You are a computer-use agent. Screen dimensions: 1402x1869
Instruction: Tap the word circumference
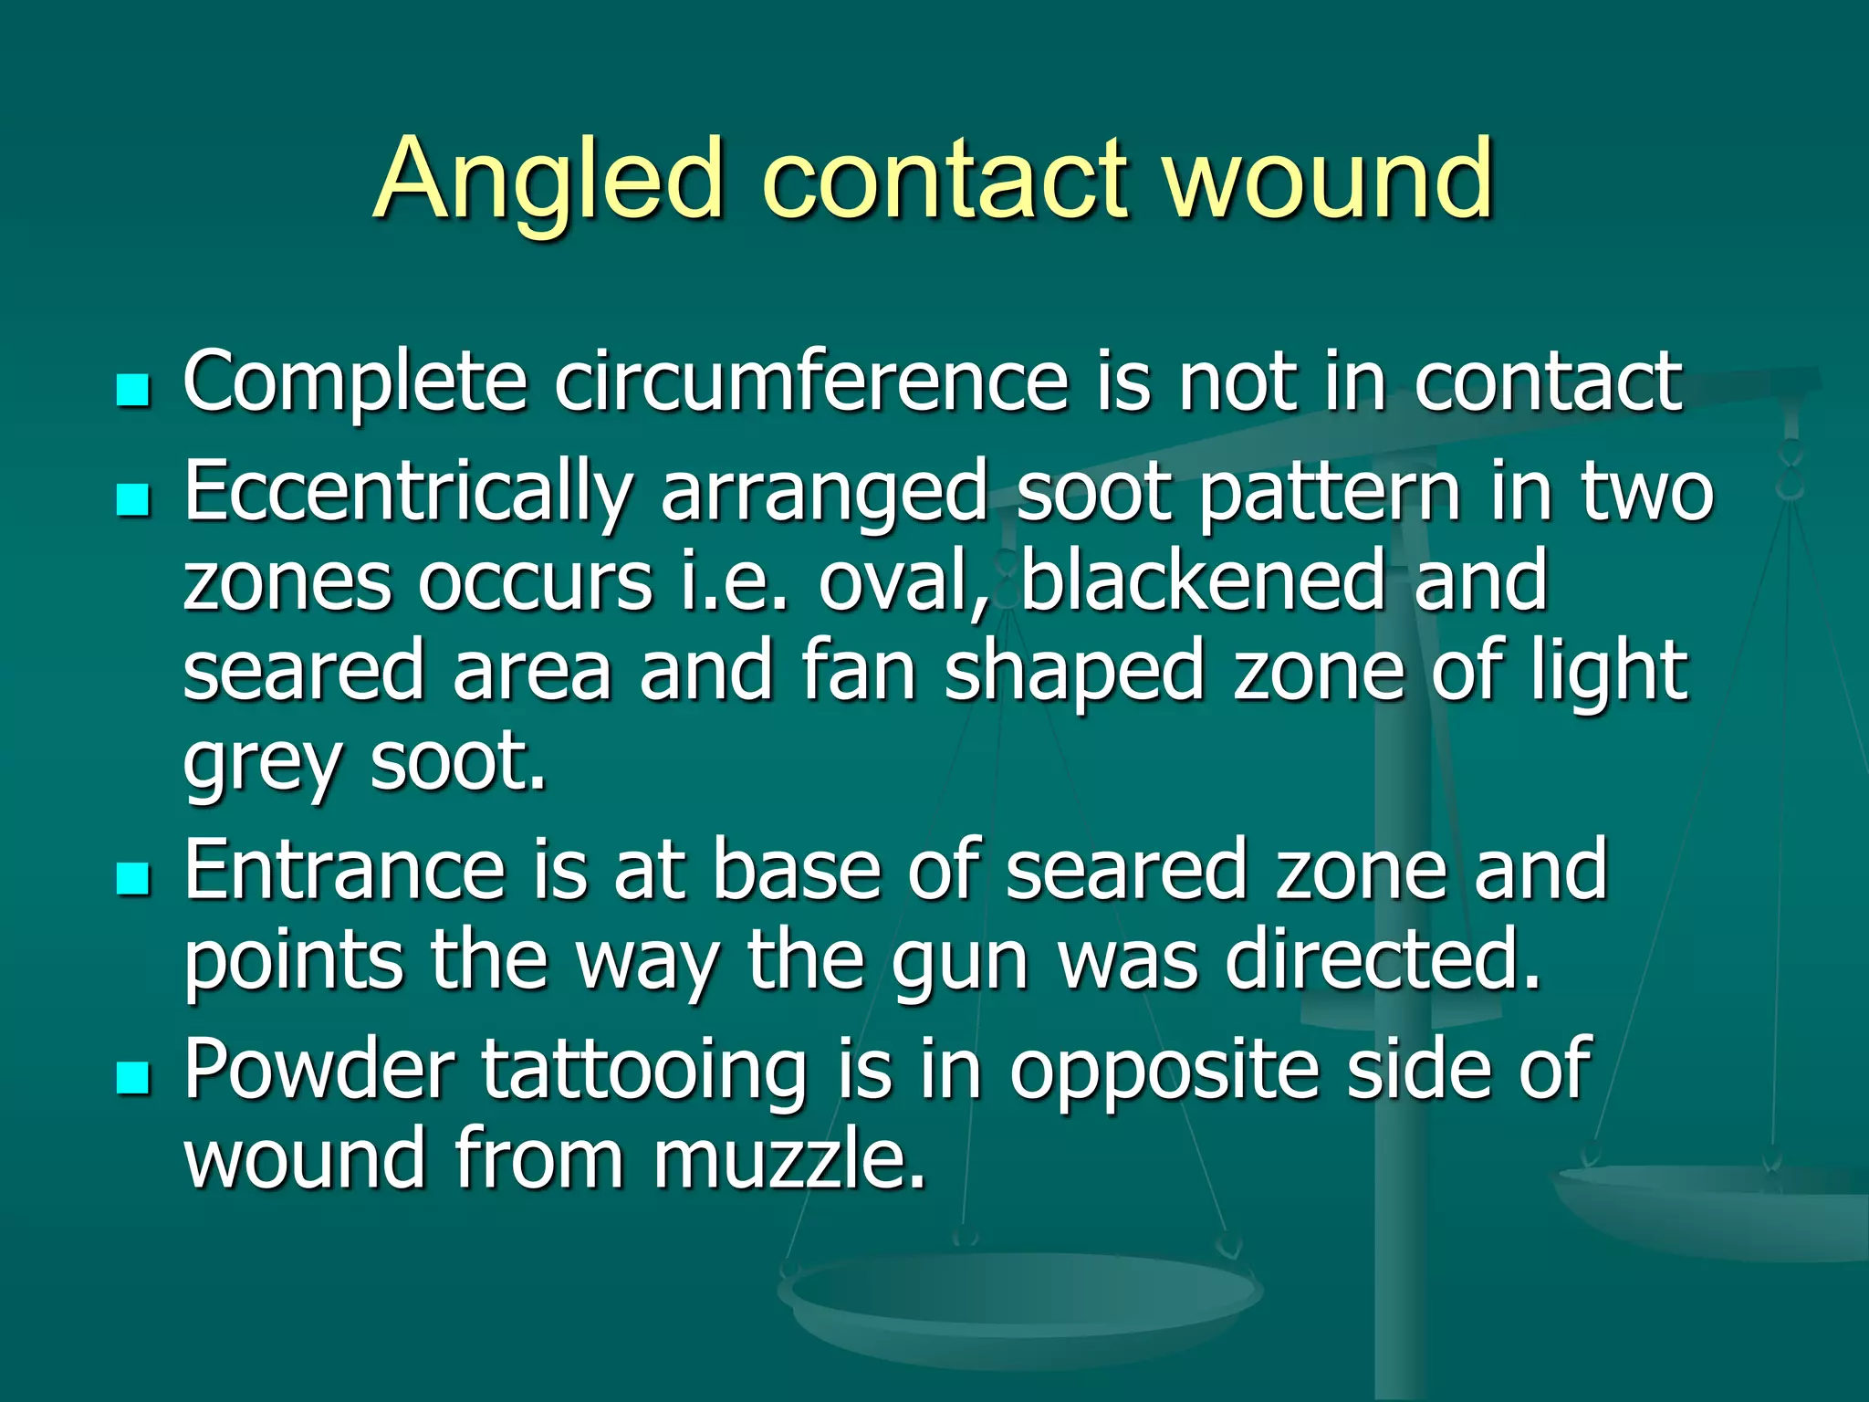pos(811,381)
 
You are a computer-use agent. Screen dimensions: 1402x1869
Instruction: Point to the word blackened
pos(1204,581)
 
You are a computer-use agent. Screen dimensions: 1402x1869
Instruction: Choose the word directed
pos(1383,960)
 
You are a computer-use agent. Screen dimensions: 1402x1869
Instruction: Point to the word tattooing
pos(644,1070)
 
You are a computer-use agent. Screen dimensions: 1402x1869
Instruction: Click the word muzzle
pos(789,1158)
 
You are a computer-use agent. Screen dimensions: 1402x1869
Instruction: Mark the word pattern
pos(1331,494)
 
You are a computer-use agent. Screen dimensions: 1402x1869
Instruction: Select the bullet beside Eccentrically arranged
pos(133,500)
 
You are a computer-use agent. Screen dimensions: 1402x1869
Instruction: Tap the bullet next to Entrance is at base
pos(133,878)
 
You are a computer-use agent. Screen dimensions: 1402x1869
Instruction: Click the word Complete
pos(355,382)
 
